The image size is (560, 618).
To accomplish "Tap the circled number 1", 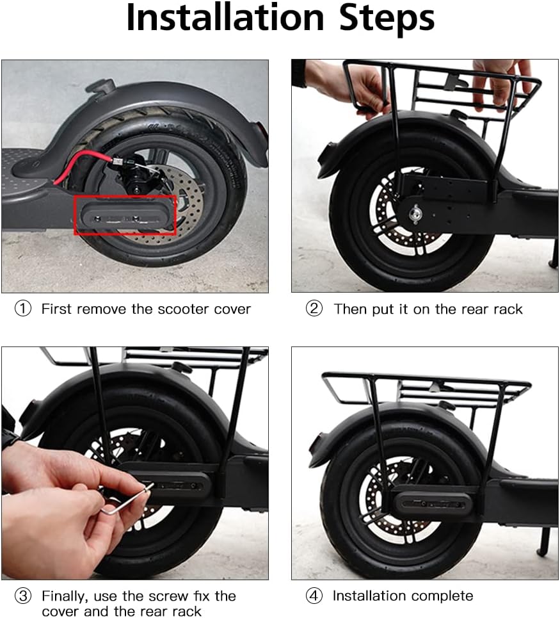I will [23, 309].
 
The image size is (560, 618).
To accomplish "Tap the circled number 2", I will [314, 309].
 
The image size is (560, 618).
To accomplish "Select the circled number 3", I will [23, 596].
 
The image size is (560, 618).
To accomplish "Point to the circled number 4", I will [314, 596].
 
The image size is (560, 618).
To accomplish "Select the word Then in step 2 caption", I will [349, 309].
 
